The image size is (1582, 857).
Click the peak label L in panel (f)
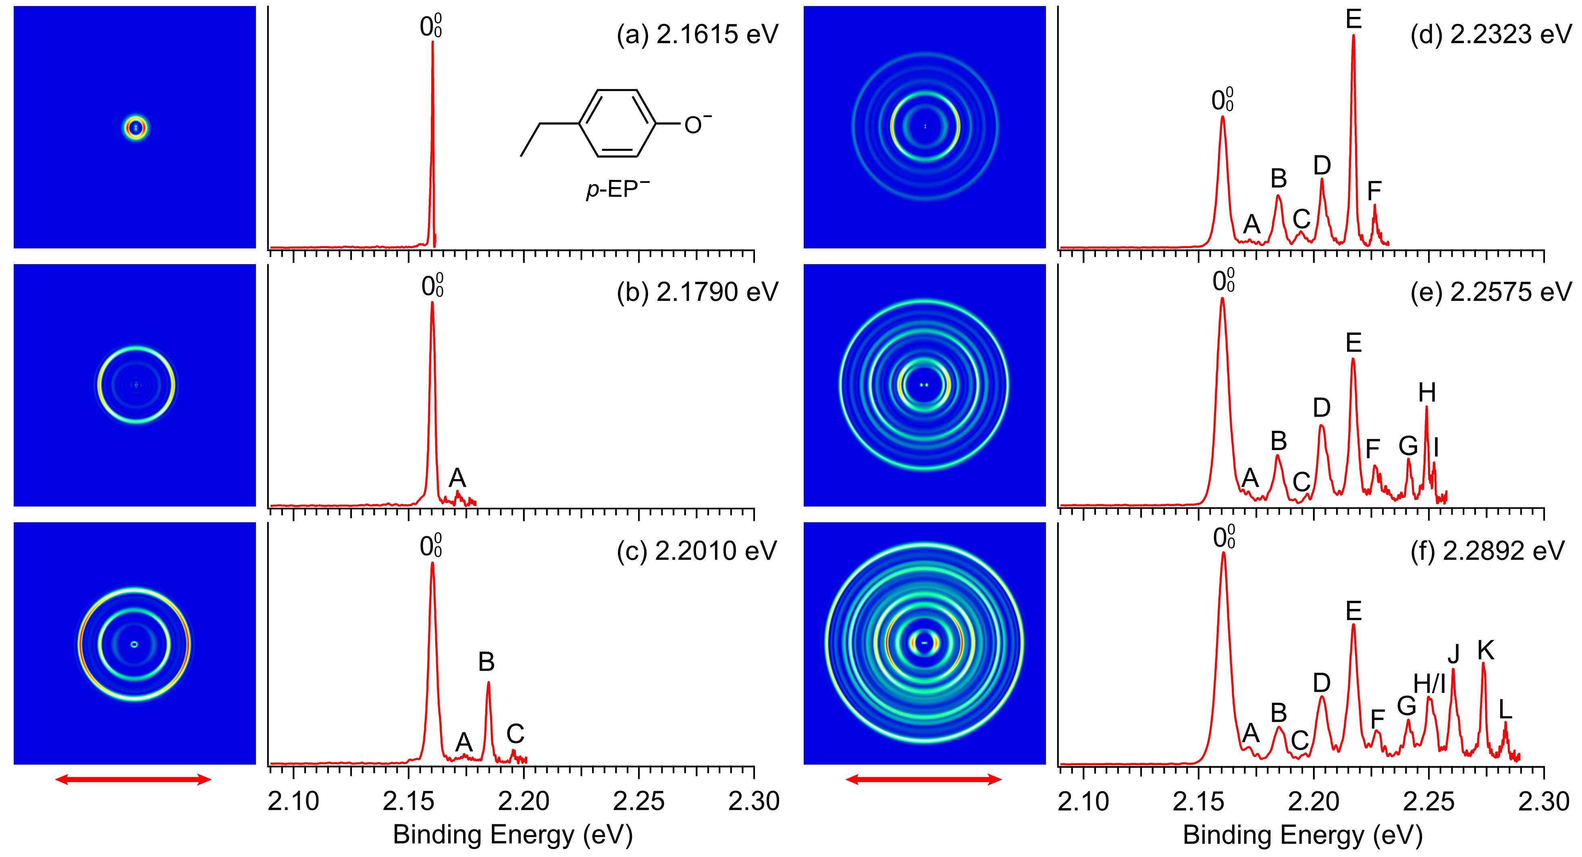coord(1505,710)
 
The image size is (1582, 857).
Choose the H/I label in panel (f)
coord(1429,684)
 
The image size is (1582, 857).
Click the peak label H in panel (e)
coord(1427,392)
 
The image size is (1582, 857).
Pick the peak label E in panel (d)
coord(1353,20)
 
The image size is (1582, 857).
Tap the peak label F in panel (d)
coord(1374,191)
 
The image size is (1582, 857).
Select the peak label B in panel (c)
coord(486,662)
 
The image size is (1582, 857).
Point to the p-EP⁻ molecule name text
coord(617,190)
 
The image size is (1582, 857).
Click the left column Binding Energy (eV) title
coord(512,835)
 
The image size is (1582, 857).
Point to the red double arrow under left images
coord(133,780)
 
